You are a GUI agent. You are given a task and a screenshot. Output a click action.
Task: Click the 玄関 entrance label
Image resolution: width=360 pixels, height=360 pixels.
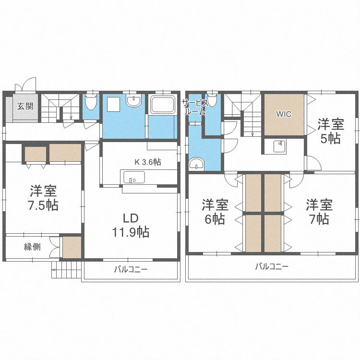[25, 106]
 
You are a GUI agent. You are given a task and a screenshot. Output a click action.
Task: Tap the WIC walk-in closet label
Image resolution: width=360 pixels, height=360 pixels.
[283, 114]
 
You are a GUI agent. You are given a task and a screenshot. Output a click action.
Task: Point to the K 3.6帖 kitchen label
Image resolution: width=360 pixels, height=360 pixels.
[148, 162]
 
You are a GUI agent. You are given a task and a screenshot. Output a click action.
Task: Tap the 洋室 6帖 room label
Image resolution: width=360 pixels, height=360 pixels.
[214, 212]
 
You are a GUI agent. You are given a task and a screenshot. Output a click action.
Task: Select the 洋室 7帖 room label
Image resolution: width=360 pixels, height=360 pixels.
[319, 212]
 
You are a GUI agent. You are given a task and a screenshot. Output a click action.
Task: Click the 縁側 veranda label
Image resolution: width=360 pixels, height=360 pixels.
[33, 247]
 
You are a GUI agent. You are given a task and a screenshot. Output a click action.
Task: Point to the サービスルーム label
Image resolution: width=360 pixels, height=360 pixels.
[195, 107]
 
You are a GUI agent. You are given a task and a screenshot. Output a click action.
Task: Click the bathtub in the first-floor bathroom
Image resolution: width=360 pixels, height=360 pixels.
[162, 105]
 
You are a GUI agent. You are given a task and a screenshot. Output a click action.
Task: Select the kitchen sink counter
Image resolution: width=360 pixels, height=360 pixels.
[133, 177]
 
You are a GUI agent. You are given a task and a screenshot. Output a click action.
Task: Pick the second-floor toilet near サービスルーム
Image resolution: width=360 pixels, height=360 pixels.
[212, 100]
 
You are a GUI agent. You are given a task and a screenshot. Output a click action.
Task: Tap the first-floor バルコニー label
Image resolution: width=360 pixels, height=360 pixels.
[131, 269]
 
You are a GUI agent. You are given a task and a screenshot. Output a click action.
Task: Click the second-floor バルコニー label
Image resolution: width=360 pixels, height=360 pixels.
[272, 266]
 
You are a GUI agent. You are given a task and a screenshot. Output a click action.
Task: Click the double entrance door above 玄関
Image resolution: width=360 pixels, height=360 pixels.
[25, 85]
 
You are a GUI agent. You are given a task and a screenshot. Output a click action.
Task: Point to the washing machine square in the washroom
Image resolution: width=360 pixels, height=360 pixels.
[113, 104]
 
